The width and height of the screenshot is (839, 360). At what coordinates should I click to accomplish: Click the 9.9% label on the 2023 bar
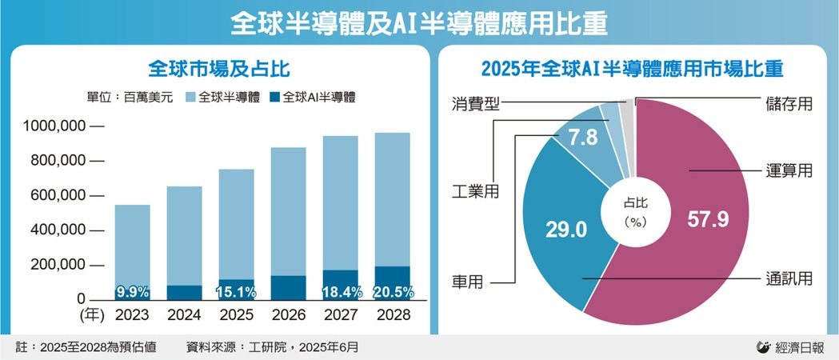pyautogui.click(x=132, y=291)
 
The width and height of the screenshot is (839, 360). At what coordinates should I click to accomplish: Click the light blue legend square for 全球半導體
pyautogui.click(x=190, y=98)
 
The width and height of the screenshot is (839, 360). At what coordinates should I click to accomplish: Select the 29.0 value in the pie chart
pyautogui.click(x=566, y=230)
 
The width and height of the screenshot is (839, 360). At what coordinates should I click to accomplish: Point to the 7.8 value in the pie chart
pyautogui.click(x=581, y=138)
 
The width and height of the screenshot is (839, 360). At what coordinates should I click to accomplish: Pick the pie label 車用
pyautogui.click(x=468, y=282)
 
